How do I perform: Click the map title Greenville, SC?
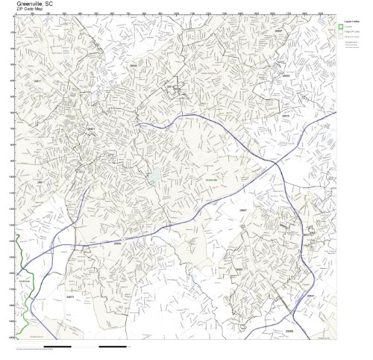click(x=33, y=3)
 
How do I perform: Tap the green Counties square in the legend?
click(x=340, y=27)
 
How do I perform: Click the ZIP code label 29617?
click(x=37, y=81)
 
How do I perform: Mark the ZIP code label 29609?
click(x=134, y=66)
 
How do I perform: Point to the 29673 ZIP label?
click(x=70, y=297)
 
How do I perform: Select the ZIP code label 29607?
click(x=243, y=211)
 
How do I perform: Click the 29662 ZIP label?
click(x=239, y=269)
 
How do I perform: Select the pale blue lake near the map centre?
click(x=155, y=177)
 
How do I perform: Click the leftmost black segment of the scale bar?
click(x=31, y=347)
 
